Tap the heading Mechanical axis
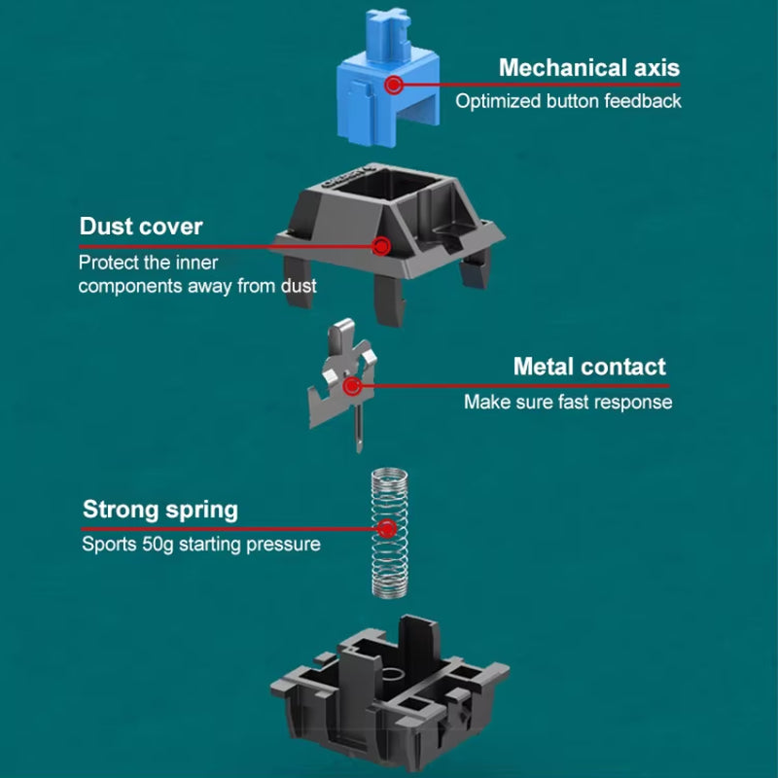coord(588,68)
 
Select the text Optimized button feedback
coord(568,100)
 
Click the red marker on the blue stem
coord(393,85)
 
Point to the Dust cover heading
coord(141,227)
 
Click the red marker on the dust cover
coord(382,246)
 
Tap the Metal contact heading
coord(589,367)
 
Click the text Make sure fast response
coord(567,402)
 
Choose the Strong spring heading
coord(159,510)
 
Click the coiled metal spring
coord(388,533)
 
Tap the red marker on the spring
coord(387,529)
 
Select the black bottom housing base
coord(389,690)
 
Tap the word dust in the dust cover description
coord(297,286)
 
